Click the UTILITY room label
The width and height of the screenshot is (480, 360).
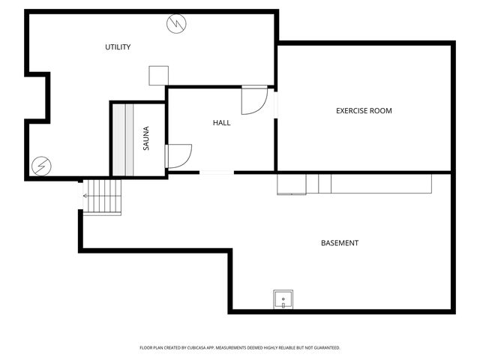pos(118,47)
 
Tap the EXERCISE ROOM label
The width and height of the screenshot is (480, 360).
pos(364,111)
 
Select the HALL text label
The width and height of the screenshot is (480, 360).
pos(221,122)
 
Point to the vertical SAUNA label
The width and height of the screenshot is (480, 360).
pos(146,139)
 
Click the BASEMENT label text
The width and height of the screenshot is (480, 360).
pos(340,243)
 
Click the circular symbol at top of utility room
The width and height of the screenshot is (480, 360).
pos(176,24)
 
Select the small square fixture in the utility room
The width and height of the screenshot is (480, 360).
pos(158,76)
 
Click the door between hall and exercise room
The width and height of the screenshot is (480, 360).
pos(255,99)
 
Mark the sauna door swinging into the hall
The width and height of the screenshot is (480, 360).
pos(178,155)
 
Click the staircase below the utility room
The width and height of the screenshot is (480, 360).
pos(102,196)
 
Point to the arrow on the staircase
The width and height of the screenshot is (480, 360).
pos(86,196)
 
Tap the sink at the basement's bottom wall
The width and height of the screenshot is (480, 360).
pos(283,299)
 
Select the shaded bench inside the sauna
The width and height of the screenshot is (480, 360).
pos(128,139)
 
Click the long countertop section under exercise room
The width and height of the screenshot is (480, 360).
pos(382,184)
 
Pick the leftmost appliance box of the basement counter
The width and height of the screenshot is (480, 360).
pos(291,184)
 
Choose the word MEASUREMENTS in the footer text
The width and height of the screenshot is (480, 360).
pos(233,348)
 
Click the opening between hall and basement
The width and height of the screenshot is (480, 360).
pos(217,172)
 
